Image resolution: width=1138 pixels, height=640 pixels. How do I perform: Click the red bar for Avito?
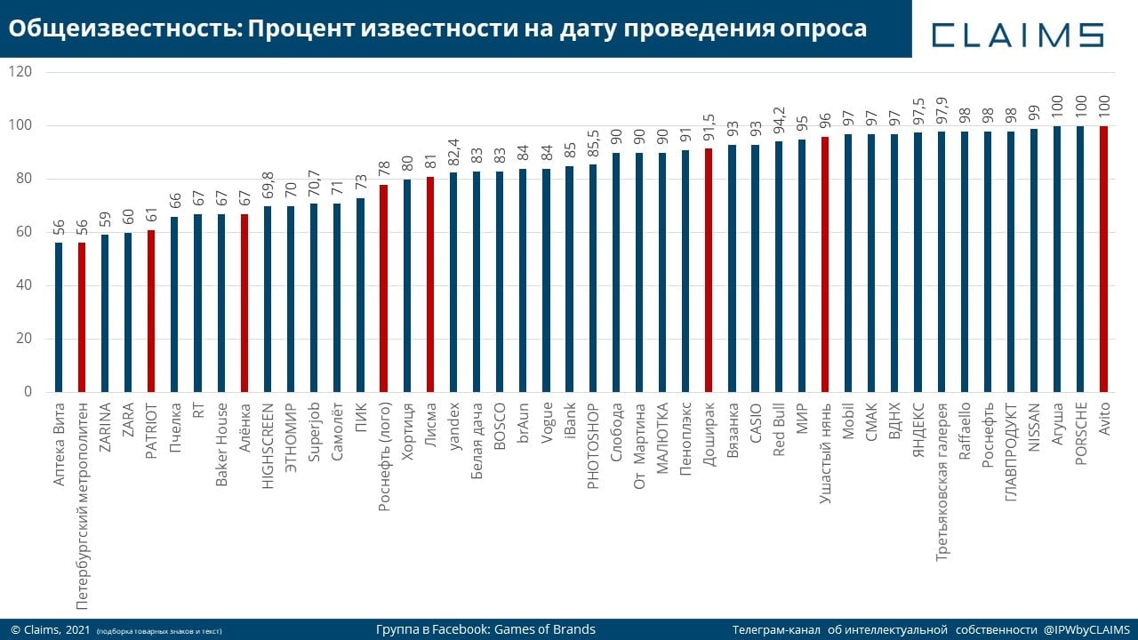pos(1103,259)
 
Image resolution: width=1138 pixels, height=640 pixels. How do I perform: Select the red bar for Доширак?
pos(709,270)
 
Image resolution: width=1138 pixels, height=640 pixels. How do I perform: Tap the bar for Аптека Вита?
pos(59,317)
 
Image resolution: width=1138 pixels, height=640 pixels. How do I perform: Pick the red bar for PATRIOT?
pos(151,311)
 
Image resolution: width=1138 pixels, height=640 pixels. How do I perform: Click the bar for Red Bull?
pos(779,267)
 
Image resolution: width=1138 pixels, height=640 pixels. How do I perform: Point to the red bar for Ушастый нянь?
pos(825,264)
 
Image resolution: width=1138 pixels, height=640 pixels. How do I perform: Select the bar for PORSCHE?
pos(1080,259)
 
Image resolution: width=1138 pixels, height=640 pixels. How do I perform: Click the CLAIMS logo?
pos(1017,34)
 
